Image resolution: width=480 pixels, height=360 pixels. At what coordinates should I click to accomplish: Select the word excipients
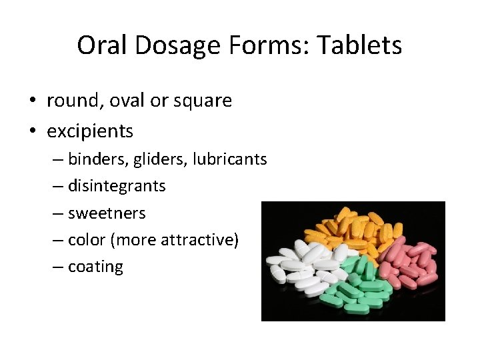click(x=90, y=131)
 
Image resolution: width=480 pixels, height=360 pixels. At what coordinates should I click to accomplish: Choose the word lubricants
click(x=229, y=159)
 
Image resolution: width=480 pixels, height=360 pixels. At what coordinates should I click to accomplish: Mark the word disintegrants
click(x=117, y=186)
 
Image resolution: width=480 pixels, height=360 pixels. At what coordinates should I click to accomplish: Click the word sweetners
click(x=107, y=213)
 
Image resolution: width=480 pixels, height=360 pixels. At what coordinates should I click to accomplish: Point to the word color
click(x=87, y=240)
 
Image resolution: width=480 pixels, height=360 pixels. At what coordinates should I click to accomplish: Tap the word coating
click(x=95, y=267)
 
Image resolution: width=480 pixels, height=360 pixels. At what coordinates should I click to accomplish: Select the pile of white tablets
click(x=303, y=267)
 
